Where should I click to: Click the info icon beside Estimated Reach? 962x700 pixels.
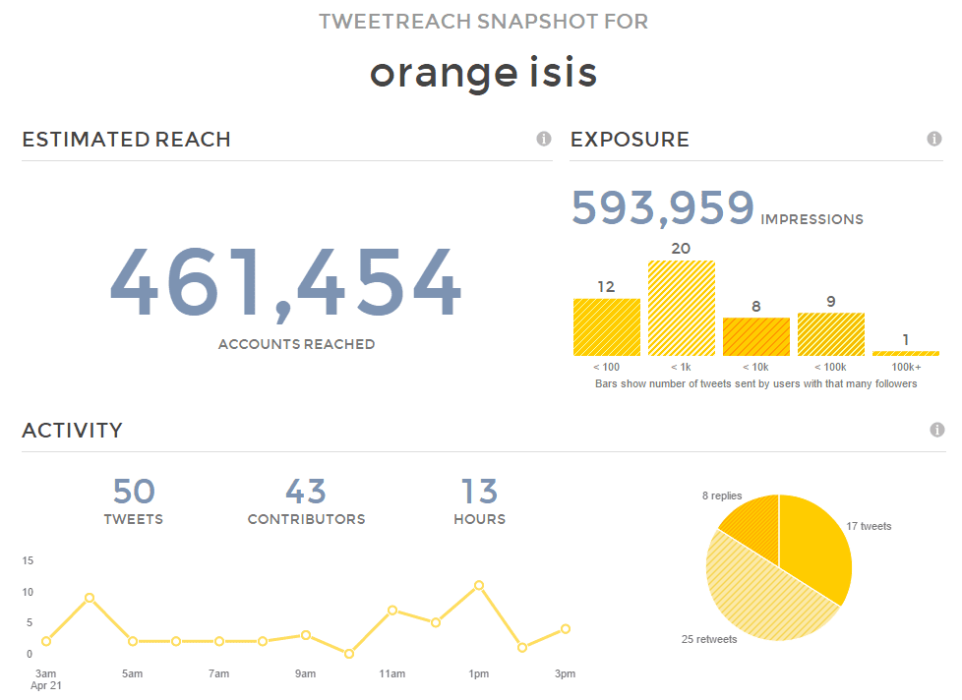coord(544,139)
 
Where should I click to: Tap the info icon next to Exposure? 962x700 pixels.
coord(934,139)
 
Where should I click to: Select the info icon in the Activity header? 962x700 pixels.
coord(937,430)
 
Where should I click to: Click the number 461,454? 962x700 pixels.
coord(284,283)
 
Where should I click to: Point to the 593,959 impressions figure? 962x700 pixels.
coord(662,208)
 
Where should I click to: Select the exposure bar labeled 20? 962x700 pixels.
coord(681,308)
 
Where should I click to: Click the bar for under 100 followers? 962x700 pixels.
coord(606,326)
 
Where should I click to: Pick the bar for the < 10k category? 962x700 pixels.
coord(755,336)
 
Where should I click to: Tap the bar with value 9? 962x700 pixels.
coord(830,333)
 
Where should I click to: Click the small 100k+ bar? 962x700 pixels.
coord(905,353)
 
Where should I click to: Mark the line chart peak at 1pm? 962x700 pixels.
coord(479,585)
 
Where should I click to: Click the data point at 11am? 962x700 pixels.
coord(392,610)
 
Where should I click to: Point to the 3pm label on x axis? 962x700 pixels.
coord(565,673)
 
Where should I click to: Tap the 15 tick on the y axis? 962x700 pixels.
coord(28,561)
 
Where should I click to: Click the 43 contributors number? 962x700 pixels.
coord(306,492)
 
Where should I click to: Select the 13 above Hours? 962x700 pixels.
coord(479,492)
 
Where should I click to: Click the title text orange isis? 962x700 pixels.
coord(483,73)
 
